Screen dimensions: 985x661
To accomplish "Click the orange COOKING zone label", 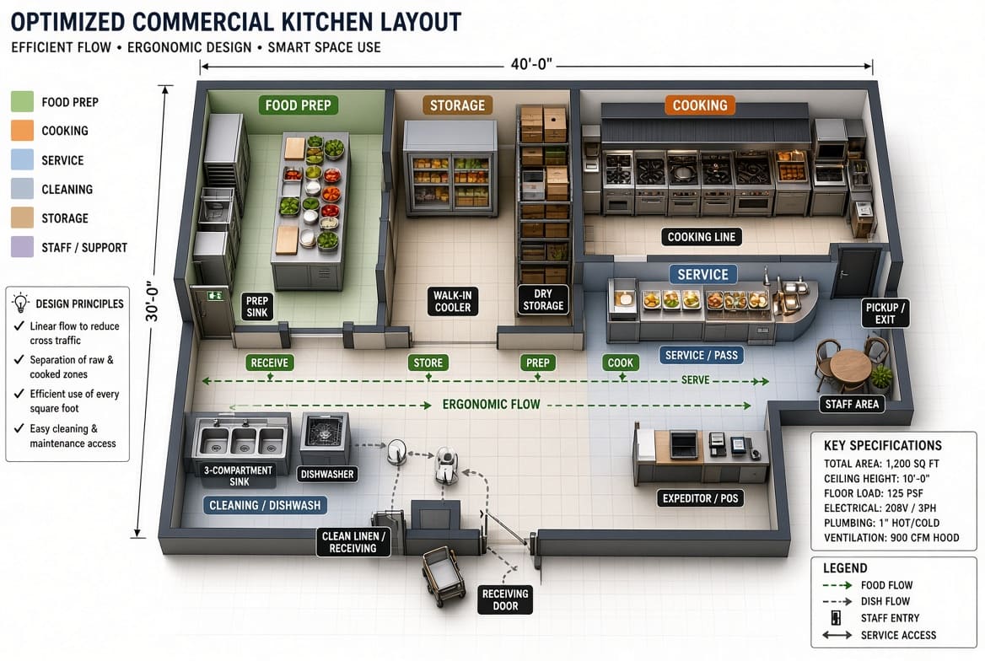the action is coord(700,105).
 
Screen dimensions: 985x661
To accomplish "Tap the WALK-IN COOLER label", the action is coord(452,301).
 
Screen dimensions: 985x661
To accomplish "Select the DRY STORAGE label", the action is coord(543,299).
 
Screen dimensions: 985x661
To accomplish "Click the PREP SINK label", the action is coord(257,306).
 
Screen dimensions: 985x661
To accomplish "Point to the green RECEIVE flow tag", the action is coord(270,363).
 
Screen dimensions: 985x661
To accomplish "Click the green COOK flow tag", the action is coord(620,363).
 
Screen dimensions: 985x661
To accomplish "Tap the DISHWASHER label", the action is coord(326,475).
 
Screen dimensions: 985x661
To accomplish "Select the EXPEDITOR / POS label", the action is coord(700,498).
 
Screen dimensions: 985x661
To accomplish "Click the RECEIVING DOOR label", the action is coord(505,599).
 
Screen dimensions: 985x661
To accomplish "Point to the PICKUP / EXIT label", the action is coord(885,313).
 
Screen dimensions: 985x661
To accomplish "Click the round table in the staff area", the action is coord(850,365).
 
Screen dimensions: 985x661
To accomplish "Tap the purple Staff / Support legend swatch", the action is coord(22,247).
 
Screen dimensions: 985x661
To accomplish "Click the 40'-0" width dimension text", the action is coord(530,64).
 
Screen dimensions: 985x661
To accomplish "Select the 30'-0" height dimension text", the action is coord(152,301).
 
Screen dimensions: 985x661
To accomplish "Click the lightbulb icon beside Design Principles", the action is coord(21,302).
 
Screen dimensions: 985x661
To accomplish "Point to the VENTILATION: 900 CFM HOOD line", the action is coord(891,538).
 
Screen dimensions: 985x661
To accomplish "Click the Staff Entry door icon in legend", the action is coord(836,618).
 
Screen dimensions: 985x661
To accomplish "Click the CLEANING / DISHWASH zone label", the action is coord(265,505).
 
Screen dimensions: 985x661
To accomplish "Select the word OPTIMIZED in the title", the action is coord(67,22).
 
